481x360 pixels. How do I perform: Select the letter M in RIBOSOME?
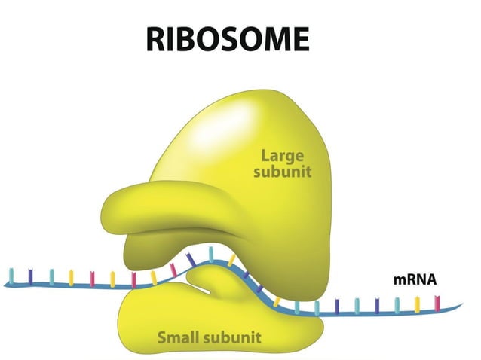pyautogui.click(x=283, y=38)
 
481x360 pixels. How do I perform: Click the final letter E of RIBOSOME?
pyautogui.click(x=313, y=38)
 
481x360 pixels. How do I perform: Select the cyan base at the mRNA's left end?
pyautogui.click(x=11, y=275)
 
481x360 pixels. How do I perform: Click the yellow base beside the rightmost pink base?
pyautogui.click(x=415, y=304)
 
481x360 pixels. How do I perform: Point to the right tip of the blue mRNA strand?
pyautogui.click(x=461, y=307)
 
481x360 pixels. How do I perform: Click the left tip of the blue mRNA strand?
pyautogui.click(x=5, y=283)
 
